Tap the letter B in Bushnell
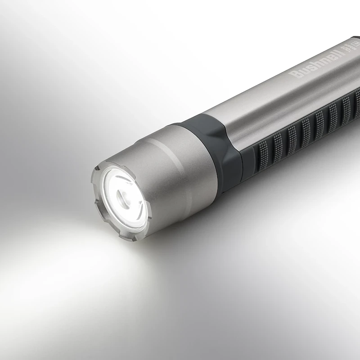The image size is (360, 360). tap(295, 75)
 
